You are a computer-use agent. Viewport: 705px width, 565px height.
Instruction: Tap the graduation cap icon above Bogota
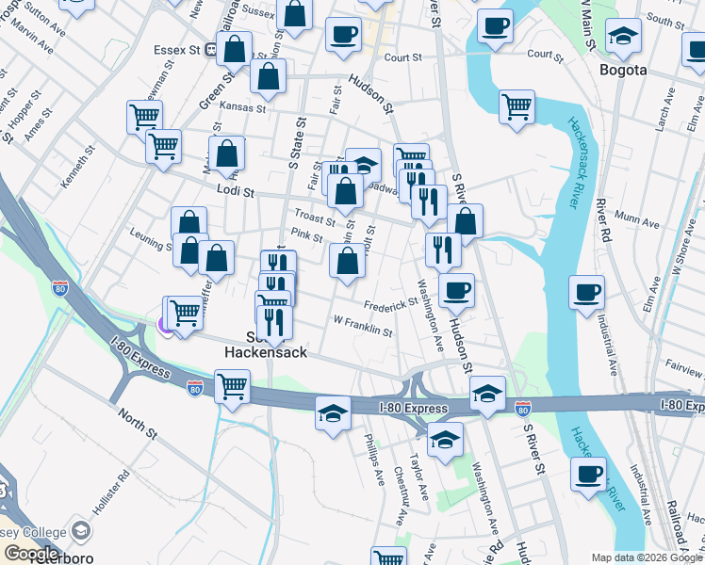coord(623,37)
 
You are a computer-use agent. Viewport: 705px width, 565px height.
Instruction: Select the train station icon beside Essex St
coord(212,50)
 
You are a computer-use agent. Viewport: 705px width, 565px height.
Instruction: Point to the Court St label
coord(402,57)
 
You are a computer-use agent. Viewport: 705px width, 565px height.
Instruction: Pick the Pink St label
coord(307,234)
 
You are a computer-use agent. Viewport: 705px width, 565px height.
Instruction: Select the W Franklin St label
coord(362,326)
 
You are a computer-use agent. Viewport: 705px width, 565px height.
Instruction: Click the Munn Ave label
coord(638,222)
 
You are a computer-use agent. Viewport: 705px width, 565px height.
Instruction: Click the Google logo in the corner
coord(31,554)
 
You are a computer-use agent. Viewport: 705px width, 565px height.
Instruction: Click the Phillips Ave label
coord(375,460)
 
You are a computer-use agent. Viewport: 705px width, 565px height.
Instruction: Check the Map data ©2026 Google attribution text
coord(646,557)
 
